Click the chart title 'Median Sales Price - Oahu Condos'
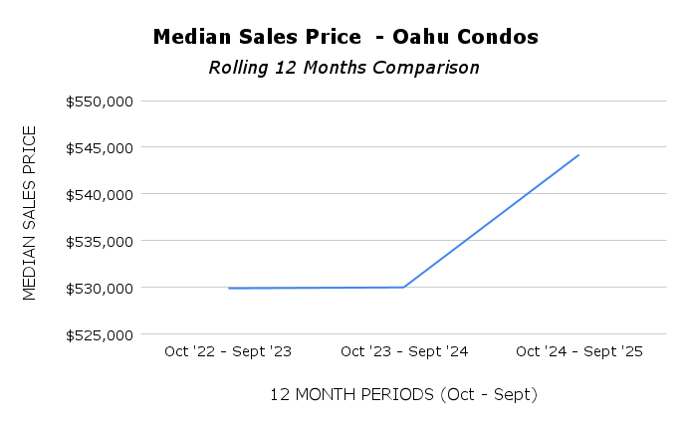[345, 37]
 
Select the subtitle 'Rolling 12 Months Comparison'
[344, 68]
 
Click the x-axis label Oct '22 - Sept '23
[228, 351]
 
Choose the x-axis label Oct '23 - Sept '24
[403, 351]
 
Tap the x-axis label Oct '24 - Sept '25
[578, 351]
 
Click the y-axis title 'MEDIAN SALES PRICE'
[29, 212]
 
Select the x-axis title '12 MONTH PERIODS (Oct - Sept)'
[403, 394]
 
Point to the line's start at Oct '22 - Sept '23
[229, 289]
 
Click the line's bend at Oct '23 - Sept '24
[403, 288]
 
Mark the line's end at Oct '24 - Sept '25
[578, 155]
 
